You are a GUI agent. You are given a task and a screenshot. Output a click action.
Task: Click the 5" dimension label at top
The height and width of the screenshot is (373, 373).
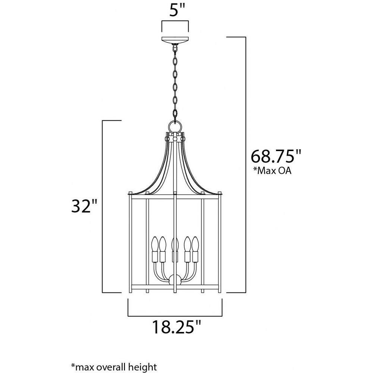tap(177, 10)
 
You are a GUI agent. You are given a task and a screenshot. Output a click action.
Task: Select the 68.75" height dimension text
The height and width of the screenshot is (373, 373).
tap(276, 156)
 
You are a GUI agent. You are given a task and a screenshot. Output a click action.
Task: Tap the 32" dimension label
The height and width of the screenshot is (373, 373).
tap(84, 206)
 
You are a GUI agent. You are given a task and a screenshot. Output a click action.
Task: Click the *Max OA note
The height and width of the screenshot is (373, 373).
tap(272, 171)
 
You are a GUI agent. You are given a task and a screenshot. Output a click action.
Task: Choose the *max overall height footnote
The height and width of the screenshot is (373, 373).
tap(114, 367)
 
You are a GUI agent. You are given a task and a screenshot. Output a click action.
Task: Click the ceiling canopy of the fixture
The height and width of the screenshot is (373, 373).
tap(175, 40)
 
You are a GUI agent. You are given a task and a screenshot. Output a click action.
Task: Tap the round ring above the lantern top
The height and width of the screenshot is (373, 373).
tap(175, 125)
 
